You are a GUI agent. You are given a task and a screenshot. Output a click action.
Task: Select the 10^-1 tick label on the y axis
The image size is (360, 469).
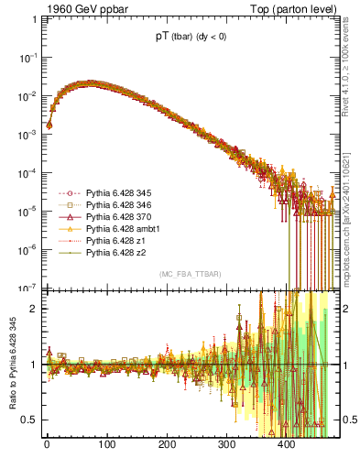27,57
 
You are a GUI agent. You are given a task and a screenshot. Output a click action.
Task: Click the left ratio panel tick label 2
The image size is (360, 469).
32,308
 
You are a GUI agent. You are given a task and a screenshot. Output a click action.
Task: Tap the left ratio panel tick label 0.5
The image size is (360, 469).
28,420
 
